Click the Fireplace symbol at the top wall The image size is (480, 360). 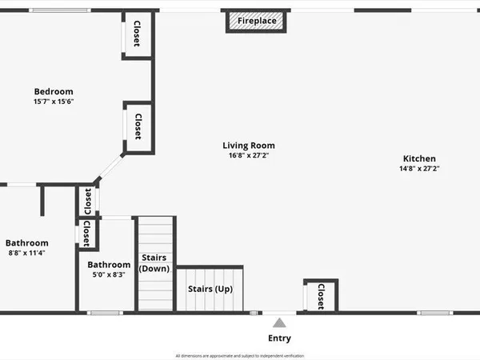pyautogui.click(x=257, y=21)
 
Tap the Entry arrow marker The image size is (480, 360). pyautogui.click(x=279, y=322)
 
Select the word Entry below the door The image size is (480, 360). pyautogui.click(x=279, y=338)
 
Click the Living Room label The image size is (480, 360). pyautogui.click(x=249, y=146)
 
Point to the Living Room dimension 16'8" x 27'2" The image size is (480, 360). pyautogui.click(x=249, y=155)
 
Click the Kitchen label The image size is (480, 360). pyautogui.click(x=419, y=158)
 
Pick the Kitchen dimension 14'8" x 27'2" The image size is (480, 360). pyautogui.click(x=419, y=168)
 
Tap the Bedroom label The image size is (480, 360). pyautogui.click(x=54, y=91)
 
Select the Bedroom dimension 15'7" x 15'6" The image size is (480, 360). pyautogui.click(x=54, y=102)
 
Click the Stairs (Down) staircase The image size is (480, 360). pyautogui.click(x=154, y=263)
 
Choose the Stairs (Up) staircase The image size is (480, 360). pyautogui.click(x=210, y=289)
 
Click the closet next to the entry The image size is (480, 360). pyautogui.click(x=321, y=295)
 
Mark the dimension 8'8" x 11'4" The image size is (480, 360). pyautogui.click(x=27, y=253)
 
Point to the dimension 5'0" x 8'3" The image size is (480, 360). pyautogui.click(x=109, y=274)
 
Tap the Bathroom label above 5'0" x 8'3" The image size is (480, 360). pyautogui.click(x=109, y=265)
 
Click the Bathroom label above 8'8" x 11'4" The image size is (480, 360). pyautogui.click(x=27, y=243)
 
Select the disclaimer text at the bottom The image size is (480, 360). pyautogui.click(x=240, y=355)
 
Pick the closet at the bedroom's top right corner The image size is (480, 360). pyautogui.click(x=137, y=34)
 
